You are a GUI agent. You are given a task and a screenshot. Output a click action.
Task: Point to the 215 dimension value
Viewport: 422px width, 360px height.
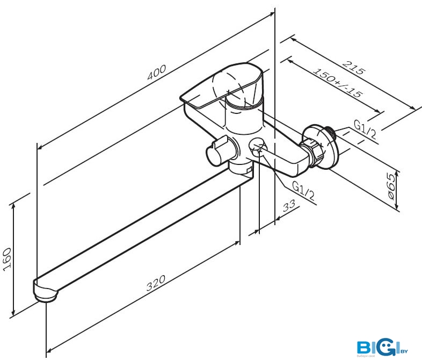tap(354, 68)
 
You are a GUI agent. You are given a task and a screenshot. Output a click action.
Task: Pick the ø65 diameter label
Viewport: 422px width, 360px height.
tap(393, 186)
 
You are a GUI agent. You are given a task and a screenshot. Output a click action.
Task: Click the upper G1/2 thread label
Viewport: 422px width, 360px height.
tap(365, 129)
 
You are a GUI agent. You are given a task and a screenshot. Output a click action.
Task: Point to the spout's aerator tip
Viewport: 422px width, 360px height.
tap(46, 293)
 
